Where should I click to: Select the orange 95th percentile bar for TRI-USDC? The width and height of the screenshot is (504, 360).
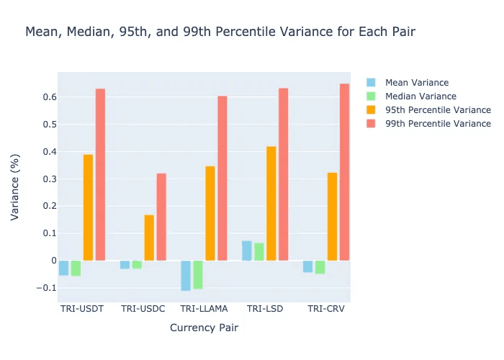149,238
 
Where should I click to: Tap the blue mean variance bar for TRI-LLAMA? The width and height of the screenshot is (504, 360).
186,275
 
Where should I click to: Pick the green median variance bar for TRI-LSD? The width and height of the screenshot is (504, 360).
259,251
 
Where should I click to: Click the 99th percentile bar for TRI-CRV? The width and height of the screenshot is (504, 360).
344,172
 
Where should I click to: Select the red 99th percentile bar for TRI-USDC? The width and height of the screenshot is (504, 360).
161,217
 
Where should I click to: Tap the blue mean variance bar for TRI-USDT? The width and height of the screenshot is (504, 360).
63,268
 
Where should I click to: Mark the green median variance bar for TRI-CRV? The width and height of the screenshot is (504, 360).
320,267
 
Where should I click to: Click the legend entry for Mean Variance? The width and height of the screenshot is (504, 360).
416,82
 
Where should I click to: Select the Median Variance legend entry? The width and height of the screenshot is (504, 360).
420,96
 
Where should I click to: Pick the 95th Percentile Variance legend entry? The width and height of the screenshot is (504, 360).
438,109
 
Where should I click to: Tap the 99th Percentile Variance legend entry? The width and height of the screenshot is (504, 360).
438,123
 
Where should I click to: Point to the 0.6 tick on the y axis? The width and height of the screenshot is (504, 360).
46,97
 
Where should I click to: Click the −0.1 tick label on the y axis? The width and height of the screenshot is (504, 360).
44,288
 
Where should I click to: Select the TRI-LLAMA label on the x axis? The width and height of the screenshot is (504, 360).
204,309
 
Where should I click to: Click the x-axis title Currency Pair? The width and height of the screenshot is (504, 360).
204,328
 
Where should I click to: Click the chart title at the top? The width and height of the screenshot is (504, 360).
220,32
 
